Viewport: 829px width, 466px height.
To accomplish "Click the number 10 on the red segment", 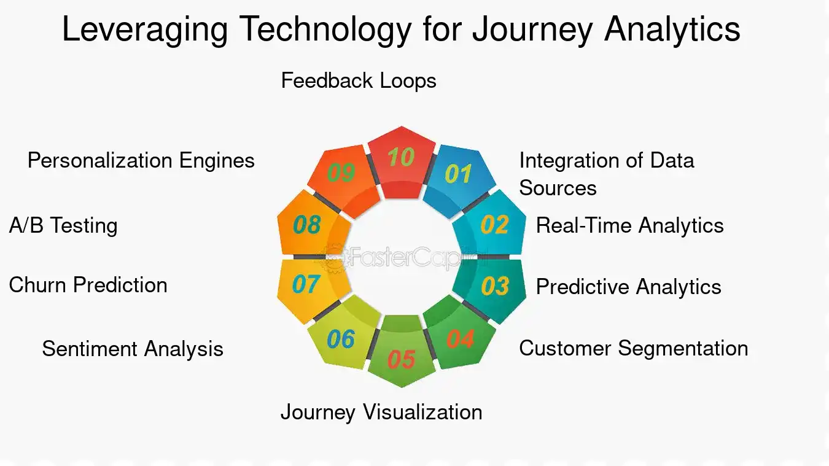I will [x=401, y=158].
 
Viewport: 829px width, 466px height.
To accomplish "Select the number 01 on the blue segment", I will [x=457, y=174].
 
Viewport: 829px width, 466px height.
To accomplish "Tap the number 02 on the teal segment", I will [x=494, y=225].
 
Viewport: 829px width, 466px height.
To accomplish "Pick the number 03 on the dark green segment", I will [x=495, y=286].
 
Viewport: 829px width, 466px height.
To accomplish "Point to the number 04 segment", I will [x=461, y=339].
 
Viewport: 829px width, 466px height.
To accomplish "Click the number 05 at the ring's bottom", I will [x=401, y=359].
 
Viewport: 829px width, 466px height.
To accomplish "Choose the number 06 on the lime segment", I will [x=341, y=339].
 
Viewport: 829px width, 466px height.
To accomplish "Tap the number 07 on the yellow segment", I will [x=306, y=285].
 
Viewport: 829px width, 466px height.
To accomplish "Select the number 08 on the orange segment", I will [x=306, y=225].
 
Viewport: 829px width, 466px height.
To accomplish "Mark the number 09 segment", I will [x=341, y=173].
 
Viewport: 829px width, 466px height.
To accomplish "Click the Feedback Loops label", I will [x=359, y=81].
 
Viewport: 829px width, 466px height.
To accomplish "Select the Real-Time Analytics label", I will [x=629, y=225].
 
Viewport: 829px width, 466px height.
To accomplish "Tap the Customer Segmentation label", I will [x=633, y=348].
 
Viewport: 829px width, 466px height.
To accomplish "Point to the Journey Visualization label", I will [x=381, y=411].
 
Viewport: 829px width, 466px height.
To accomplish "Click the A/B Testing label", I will [x=63, y=225].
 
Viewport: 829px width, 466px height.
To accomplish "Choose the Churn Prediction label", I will [x=88, y=285].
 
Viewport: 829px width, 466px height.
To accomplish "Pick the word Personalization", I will [x=101, y=161].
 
